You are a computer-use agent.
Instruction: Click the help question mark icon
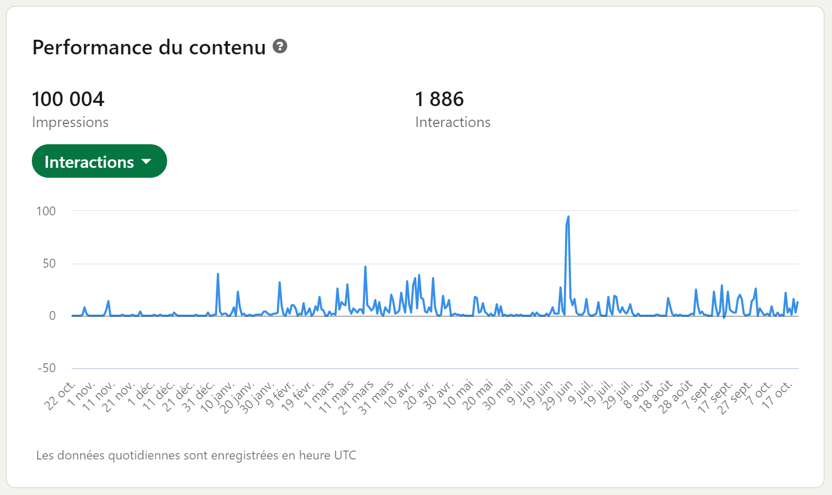tap(280, 47)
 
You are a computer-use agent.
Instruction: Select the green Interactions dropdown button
tap(99, 162)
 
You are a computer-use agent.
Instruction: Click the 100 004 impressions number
tap(68, 99)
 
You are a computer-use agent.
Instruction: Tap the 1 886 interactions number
tap(439, 99)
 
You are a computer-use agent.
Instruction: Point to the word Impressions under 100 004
tap(70, 122)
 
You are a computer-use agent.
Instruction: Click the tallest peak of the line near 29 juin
tap(568, 217)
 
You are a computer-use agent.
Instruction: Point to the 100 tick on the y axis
tap(46, 211)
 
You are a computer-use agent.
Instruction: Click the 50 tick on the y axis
tap(49, 263)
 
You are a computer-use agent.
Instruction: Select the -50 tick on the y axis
tap(46, 368)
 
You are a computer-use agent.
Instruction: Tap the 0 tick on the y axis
tap(52, 316)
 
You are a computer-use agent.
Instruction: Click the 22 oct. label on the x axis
tap(60, 396)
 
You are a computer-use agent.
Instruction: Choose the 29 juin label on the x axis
tap(557, 396)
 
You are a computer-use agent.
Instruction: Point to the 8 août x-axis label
tap(638, 395)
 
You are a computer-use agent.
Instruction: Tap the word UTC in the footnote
tap(345, 455)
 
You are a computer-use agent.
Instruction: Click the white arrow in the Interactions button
tap(146, 162)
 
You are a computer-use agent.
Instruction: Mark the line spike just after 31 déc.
tap(218, 274)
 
